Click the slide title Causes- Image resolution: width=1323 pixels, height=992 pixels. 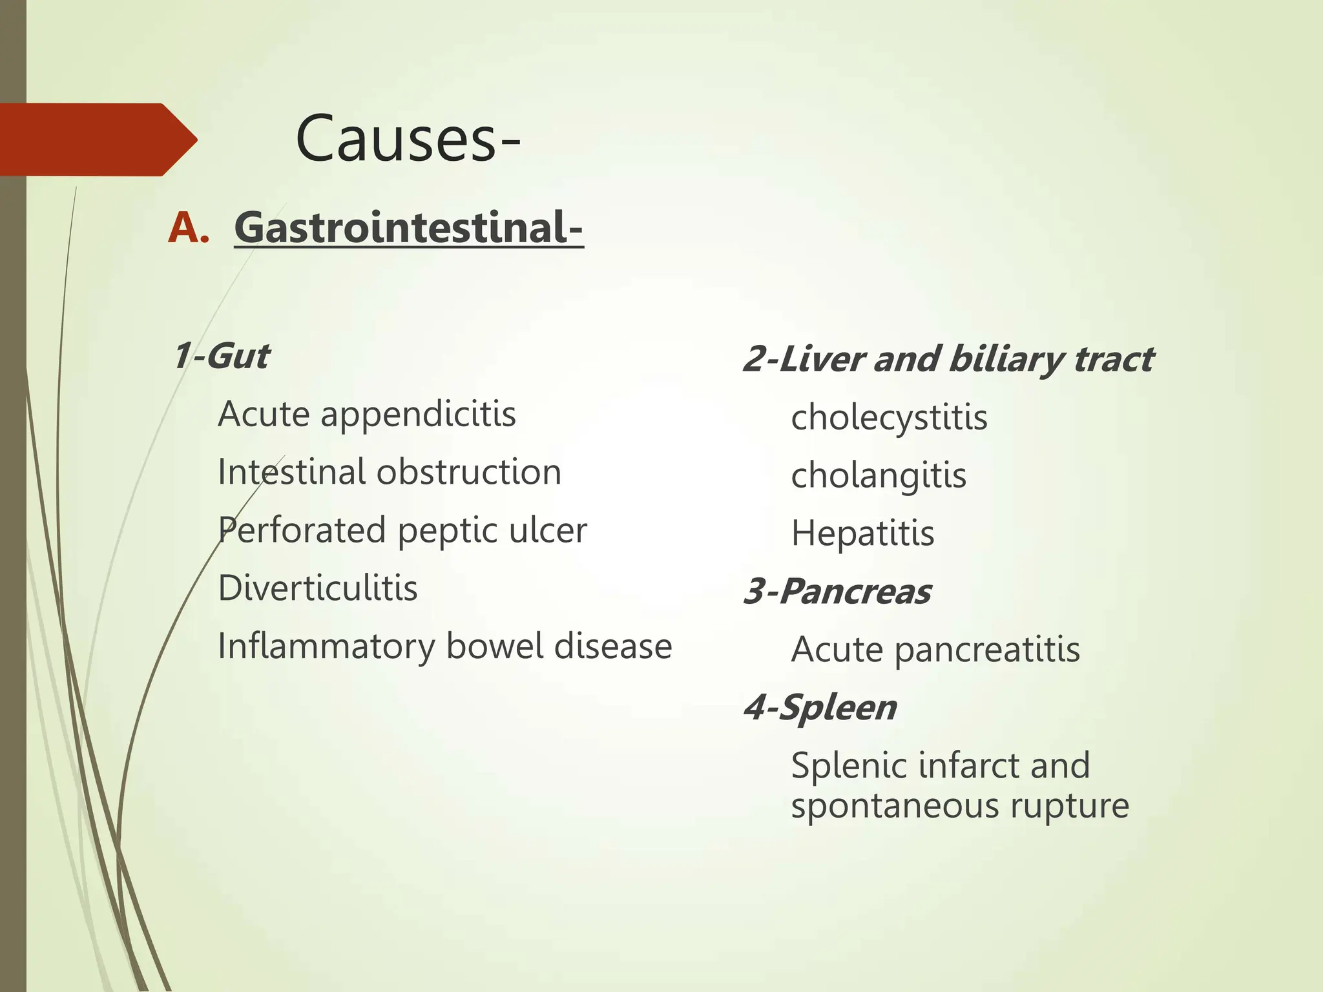(x=408, y=139)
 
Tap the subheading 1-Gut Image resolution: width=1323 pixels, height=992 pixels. (x=222, y=356)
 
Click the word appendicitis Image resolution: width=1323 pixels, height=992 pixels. (x=418, y=415)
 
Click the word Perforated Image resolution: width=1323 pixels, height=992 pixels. (x=302, y=530)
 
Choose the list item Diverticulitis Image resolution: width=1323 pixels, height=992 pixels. (x=318, y=588)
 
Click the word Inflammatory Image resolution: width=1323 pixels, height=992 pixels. (x=326, y=646)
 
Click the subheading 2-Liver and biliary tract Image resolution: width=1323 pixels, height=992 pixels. (x=948, y=360)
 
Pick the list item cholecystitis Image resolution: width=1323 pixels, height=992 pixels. (x=889, y=418)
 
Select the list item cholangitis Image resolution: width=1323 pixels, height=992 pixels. (x=879, y=476)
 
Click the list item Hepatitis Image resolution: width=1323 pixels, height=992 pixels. (x=862, y=533)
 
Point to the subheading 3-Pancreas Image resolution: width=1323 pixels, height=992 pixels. (x=837, y=592)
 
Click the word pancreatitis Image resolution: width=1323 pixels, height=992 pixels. (x=986, y=650)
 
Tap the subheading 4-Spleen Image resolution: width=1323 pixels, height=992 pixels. (x=820, y=708)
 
